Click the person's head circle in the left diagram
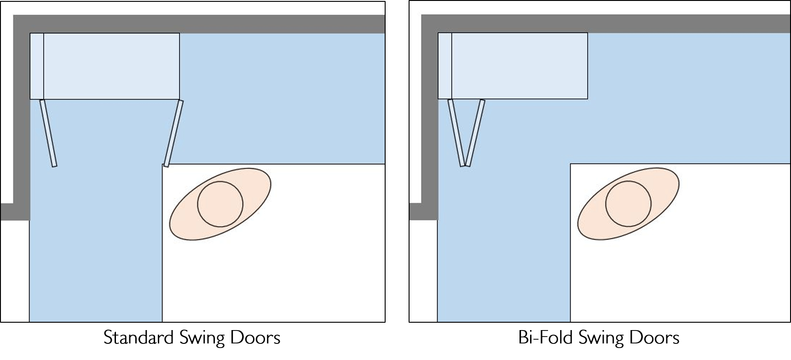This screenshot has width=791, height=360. pos(220,204)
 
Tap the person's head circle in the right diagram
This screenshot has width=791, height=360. pos(628,204)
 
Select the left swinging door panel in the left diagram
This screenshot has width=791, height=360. pos(48,133)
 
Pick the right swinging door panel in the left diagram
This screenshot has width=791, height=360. pos(173,133)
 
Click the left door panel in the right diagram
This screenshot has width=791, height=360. pos(456,133)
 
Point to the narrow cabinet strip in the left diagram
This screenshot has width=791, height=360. pos(37,66)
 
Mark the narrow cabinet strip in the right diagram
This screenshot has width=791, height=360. pos(445,66)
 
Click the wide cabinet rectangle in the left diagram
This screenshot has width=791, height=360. pos(111,66)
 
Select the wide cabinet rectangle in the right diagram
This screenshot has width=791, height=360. pos(520,66)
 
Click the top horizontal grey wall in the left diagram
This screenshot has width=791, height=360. pos(207,24)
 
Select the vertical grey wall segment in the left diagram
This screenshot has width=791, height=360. pos(21,115)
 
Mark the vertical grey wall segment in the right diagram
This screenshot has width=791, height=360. pos(429,115)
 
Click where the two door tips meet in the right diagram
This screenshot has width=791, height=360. pos(465,165)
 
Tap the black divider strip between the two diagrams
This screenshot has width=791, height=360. pos(397,161)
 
